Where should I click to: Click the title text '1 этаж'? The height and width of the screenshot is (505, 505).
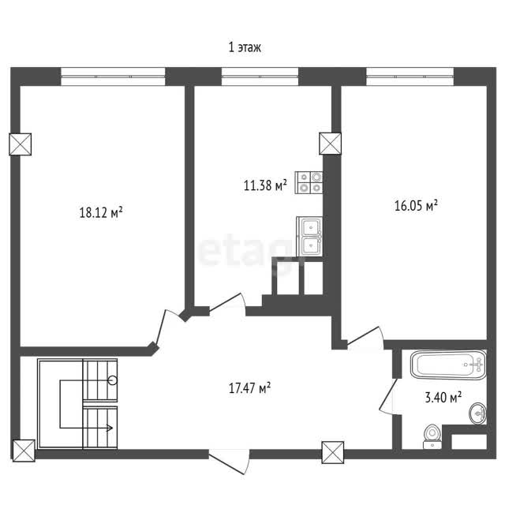click(x=245, y=47)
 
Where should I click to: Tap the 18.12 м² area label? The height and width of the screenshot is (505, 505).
click(x=101, y=212)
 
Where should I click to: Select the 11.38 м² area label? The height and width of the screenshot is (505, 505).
click(x=265, y=185)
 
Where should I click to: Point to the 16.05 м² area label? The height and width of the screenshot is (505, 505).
click(x=416, y=205)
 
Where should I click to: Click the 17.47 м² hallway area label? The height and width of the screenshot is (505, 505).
click(x=249, y=387)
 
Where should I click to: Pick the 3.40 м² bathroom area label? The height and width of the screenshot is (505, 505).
click(x=443, y=397)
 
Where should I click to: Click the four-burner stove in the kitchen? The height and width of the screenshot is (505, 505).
click(x=309, y=182)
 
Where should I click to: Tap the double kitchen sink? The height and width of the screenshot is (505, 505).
click(x=309, y=237)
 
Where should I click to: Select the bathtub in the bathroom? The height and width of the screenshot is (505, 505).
click(x=448, y=365)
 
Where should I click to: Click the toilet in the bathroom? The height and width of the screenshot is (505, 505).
click(x=432, y=436)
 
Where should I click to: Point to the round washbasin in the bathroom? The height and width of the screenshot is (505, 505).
click(x=478, y=413)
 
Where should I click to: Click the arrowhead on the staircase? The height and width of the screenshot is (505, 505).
click(x=110, y=428)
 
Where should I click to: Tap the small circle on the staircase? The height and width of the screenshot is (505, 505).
click(x=113, y=380)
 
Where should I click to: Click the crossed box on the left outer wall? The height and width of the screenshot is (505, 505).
click(x=20, y=144)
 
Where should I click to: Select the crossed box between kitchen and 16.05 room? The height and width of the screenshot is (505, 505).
click(x=330, y=144)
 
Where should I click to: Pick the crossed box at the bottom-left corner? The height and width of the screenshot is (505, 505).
click(x=24, y=451)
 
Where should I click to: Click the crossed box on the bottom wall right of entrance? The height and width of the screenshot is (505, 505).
click(x=333, y=452)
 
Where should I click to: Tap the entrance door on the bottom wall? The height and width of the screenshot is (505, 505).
click(x=230, y=462)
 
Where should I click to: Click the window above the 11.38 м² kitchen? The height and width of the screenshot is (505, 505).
click(x=260, y=77)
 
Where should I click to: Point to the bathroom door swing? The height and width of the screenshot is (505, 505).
click(x=388, y=396)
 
